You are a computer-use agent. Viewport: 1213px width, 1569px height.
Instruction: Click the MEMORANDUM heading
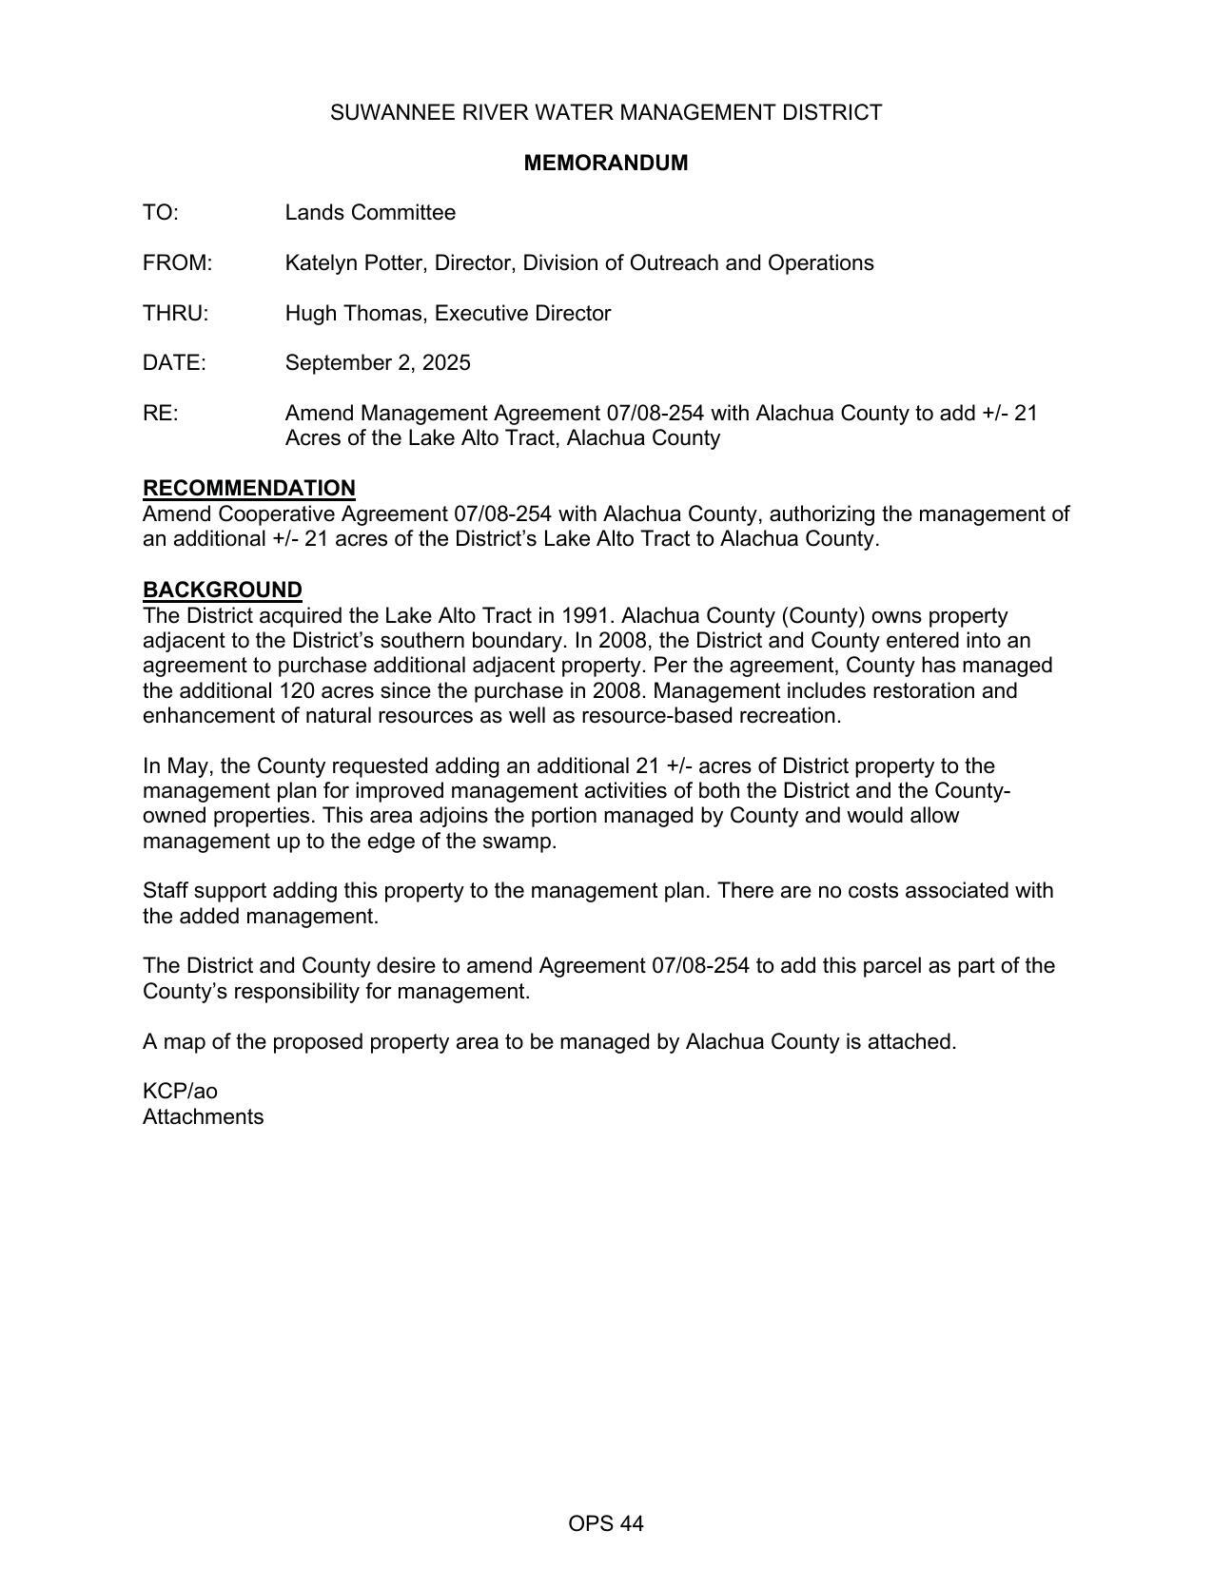coord(605,163)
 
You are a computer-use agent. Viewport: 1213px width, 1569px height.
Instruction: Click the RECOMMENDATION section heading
coord(248,488)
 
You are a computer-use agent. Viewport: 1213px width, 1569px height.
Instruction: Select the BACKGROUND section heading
coord(222,590)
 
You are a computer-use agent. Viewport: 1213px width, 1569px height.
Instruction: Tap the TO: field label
coord(160,213)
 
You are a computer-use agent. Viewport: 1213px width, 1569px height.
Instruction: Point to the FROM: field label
coord(177,263)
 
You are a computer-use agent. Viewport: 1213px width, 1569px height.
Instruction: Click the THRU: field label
coord(175,314)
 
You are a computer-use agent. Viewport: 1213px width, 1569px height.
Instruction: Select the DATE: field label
coord(173,363)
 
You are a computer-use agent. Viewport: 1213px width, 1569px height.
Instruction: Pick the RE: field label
coord(160,414)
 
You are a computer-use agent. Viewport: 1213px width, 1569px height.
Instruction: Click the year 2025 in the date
coord(446,363)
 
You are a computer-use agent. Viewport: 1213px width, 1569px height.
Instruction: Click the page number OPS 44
coord(605,1524)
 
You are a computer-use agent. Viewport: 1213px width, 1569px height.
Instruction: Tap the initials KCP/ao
coord(180,1092)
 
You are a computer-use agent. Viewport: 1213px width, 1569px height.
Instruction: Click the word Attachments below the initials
coord(203,1117)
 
